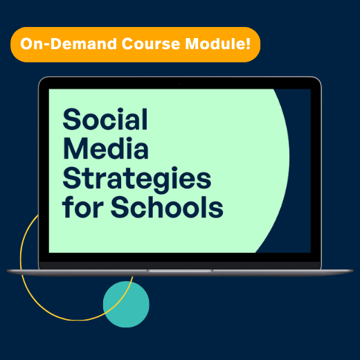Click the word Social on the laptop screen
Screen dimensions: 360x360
click(105, 120)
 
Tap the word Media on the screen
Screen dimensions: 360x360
click(105, 149)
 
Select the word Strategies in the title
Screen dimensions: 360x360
click(136, 179)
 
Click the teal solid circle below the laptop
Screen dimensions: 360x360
click(126, 303)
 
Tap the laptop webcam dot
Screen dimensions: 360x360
click(179, 84)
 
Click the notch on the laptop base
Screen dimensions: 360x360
click(179, 271)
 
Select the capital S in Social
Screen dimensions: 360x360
click(71, 120)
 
